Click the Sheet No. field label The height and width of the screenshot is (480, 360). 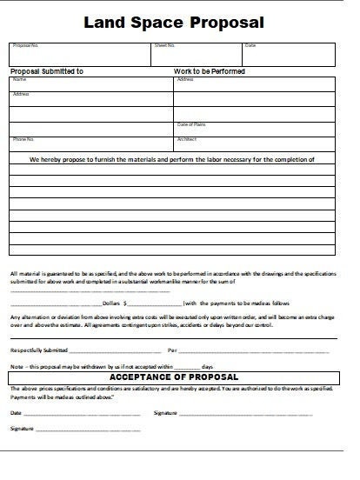[x=164, y=45]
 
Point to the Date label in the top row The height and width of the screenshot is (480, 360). [x=250, y=45]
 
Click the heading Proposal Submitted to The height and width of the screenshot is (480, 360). [x=47, y=70]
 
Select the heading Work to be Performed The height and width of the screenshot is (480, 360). [x=210, y=70]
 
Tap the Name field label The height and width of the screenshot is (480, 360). [x=18, y=79]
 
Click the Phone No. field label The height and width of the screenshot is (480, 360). [x=23, y=139]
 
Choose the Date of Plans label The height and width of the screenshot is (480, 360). [x=191, y=124]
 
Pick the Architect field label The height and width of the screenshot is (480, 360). [x=187, y=139]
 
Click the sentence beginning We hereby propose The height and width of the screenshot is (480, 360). [x=178, y=160]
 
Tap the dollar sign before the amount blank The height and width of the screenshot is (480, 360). [x=127, y=304]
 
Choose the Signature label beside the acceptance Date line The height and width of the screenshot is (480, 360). [x=165, y=411]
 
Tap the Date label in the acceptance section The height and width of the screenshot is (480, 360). [x=17, y=411]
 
